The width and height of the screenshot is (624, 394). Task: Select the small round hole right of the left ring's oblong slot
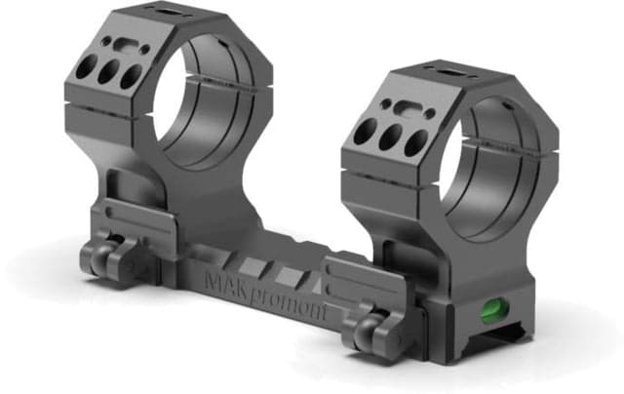[x=144, y=50]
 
